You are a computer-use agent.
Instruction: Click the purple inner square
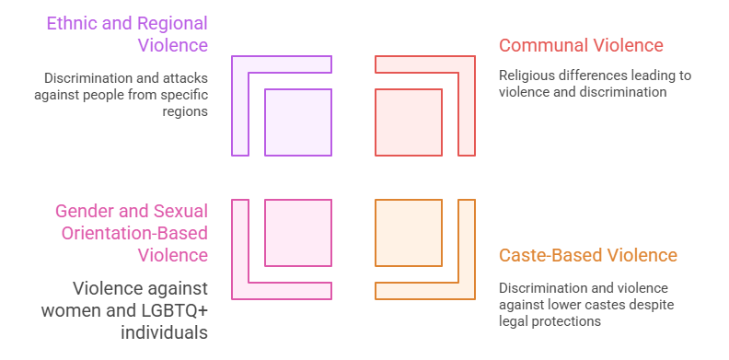point(298,122)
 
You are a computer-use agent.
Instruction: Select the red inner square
point(409,122)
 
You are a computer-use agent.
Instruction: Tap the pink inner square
point(298,233)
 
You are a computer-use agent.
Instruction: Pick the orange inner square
point(409,233)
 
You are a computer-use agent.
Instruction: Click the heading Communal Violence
point(581,45)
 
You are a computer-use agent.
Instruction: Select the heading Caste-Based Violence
point(587,255)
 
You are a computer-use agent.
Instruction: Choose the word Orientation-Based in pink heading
point(134,233)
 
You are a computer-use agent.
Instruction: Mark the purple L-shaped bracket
point(241,101)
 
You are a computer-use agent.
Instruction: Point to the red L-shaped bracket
point(466,101)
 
